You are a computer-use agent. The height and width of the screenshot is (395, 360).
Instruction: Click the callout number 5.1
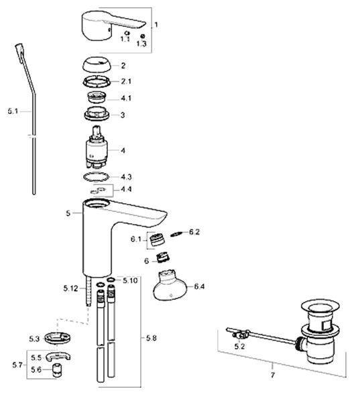click(13, 111)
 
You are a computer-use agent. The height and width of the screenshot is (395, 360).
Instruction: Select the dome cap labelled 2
click(97, 65)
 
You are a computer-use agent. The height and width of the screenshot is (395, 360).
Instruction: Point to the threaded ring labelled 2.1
click(97, 81)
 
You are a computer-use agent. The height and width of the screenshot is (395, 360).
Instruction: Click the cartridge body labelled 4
click(97, 149)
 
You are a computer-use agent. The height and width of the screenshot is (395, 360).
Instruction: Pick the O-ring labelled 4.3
click(96, 176)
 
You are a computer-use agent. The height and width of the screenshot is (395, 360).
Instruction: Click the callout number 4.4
click(126, 189)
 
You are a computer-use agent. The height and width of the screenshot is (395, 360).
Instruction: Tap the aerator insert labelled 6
click(164, 258)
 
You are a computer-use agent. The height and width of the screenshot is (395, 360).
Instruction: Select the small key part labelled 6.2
click(178, 233)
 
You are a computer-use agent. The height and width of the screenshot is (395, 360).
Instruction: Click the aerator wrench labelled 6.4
click(170, 286)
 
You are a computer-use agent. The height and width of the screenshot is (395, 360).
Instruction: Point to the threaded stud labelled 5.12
click(88, 290)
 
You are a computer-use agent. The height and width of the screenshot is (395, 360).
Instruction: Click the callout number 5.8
click(152, 338)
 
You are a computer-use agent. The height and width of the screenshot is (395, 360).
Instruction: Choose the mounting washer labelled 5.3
click(58, 338)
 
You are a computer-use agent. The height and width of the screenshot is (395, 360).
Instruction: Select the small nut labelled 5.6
click(58, 370)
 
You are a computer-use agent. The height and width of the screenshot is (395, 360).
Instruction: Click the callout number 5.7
click(17, 365)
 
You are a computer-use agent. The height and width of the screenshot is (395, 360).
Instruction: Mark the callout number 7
click(273, 375)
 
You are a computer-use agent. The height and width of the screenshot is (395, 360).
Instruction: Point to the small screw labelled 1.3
click(142, 36)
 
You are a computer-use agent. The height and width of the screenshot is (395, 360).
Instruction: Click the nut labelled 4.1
click(97, 97)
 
